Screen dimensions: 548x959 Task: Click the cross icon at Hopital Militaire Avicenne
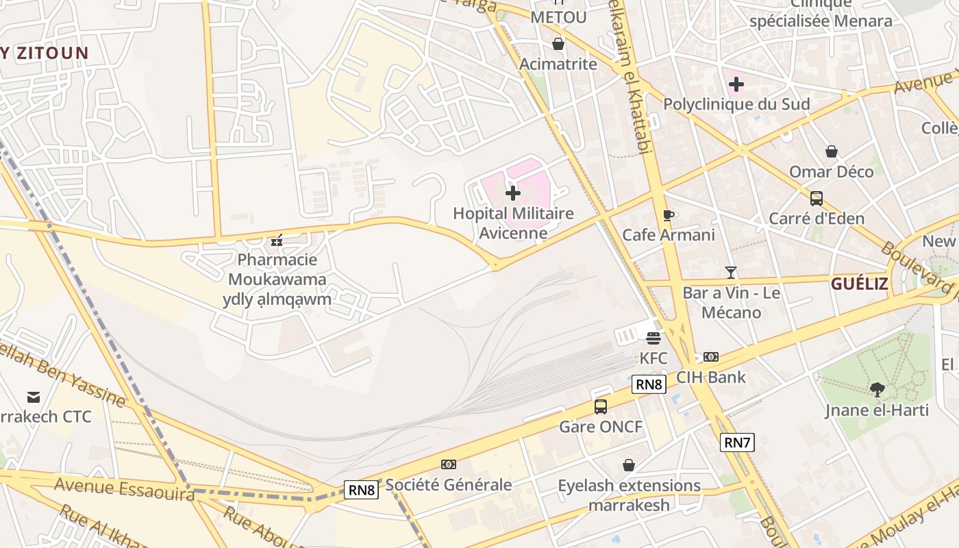pos(513,193)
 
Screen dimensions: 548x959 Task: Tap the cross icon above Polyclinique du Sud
pos(736,84)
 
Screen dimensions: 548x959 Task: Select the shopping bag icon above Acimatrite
pos(558,44)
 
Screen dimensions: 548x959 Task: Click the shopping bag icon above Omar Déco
pos(832,151)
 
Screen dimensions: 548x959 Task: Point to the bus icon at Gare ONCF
pos(601,406)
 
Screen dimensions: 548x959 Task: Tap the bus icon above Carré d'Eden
pos(817,199)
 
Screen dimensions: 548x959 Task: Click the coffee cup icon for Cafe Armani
pos(669,215)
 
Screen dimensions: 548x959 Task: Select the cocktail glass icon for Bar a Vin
pos(731,273)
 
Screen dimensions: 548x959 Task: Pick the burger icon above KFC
pos(653,338)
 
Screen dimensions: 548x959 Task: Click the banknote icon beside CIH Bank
pos(711,357)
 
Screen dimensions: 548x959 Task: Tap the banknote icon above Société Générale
pos(449,464)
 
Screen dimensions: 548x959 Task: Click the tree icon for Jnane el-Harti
pos(877,390)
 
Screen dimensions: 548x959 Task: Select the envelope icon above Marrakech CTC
pos(33,397)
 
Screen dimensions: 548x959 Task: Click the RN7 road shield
pos(738,443)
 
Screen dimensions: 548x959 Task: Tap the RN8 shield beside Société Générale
pos(361,490)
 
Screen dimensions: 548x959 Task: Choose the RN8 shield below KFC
pos(649,384)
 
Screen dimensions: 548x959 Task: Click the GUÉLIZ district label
pos(860,284)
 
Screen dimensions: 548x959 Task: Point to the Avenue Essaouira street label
pos(124,489)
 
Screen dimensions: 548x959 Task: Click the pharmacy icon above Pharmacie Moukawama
pos(277,240)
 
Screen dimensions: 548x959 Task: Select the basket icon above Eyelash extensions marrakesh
pos(629,465)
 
